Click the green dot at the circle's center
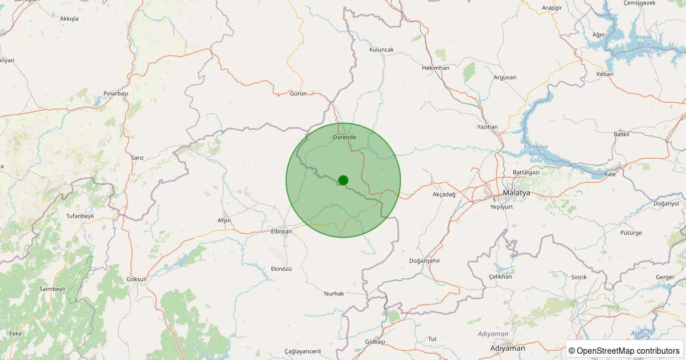(x=343, y=180)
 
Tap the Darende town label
(x=344, y=137)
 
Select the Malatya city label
(x=516, y=193)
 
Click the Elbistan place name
(x=281, y=231)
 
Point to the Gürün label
(x=298, y=93)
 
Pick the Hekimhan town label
(x=436, y=67)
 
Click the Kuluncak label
(x=381, y=50)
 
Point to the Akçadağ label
(x=444, y=194)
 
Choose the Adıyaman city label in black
(x=508, y=347)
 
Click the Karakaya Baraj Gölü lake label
(x=536, y=154)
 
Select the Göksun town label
(x=137, y=279)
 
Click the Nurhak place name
(x=334, y=293)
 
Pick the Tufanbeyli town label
(x=80, y=216)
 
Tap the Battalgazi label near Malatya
(x=526, y=172)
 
